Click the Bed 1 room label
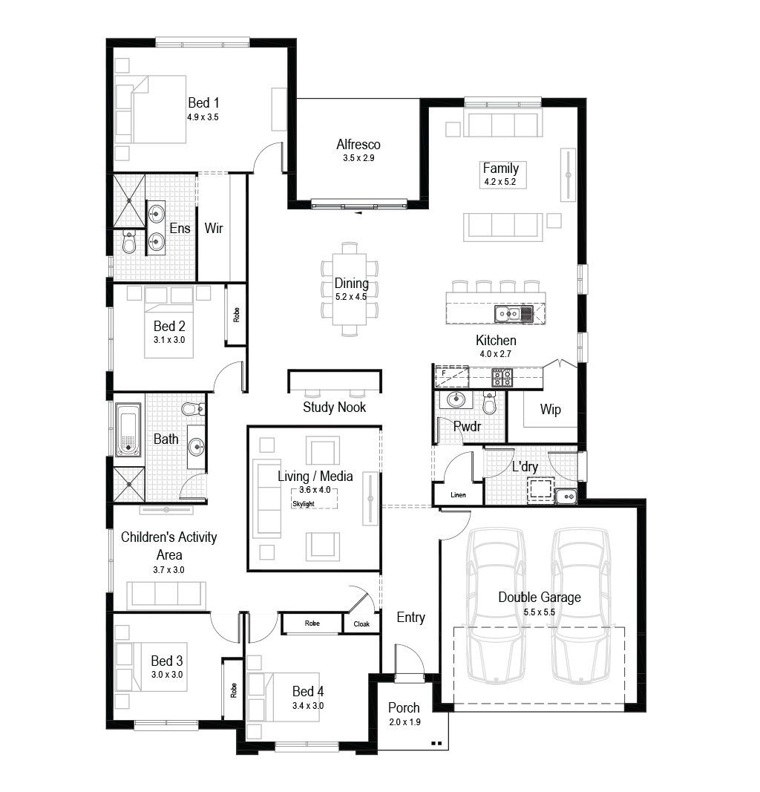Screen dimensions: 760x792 tap(203, 103)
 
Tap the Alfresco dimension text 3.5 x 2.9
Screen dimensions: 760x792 tap(358, 158)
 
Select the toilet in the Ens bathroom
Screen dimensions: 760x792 tap(129, 243)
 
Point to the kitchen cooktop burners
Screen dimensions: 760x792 tap(502, 377)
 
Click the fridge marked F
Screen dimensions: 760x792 tap(452, 376)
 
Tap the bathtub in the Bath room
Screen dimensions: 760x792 tap(128, 429)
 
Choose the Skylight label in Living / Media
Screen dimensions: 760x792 tap(303, 504)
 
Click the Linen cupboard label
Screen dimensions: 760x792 tap(458, 495)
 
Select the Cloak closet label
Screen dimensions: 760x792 tap(361, 624)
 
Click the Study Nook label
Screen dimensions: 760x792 tap(334, 407)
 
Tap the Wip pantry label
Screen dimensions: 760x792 tap(551, 410)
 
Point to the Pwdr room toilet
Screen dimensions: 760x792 tap(489, 402)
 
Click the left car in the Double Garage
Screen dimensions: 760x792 tap(496, 606)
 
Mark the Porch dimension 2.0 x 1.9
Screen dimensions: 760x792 tap(404, 722)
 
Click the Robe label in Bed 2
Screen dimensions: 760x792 tap(236, 315)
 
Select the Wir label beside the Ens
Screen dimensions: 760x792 tap(214, 229)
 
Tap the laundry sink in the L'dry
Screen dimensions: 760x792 tap(566, 497)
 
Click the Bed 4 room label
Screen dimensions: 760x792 tap(308, 692)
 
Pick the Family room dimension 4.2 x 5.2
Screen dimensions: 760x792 tap(500, 182)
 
